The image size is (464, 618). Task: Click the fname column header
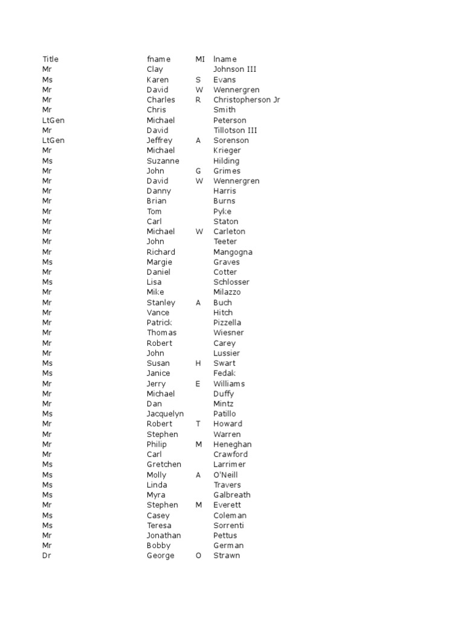click(x=158, y=59)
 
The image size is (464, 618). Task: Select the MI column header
click(x=200, y=59)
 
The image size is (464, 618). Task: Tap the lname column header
click(x=225, y=59)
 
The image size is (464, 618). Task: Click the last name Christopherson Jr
click(x=246, y=100)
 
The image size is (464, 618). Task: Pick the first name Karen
click(x=158, y=80)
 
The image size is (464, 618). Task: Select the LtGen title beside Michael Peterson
click(x=53, y=120)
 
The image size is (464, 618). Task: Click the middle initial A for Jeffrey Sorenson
click(x=198, y=140)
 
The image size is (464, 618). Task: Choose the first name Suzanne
click(x=163, y=161)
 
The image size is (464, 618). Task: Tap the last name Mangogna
click(x=233, y=252)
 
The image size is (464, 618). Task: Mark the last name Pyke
click(x=222, y=211)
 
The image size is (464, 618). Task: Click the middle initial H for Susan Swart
click(x=198, y=363)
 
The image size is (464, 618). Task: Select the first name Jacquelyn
click(x=165, y=414)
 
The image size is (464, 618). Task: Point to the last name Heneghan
click(x=233, y=444)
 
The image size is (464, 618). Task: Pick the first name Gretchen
click(x=164, y=464)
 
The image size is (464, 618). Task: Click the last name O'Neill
click(x=225, y=475)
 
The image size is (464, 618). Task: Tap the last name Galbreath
click(x=232, y=495)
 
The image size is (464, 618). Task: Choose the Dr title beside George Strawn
click(x=47, y=556)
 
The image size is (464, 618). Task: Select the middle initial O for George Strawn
click(x=198, y=556)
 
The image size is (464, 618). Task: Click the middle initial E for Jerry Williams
click(x=198, y=384)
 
